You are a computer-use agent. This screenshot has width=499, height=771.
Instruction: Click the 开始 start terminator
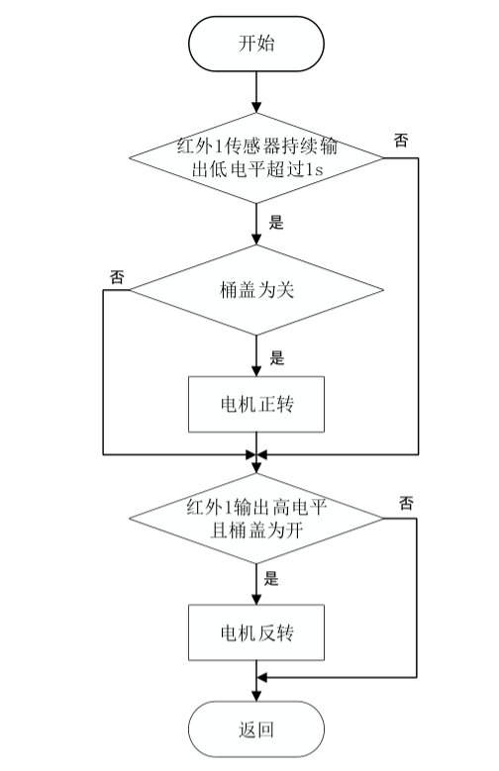tap(256, 44)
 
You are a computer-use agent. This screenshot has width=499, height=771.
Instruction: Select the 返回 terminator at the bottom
tap(256, 730)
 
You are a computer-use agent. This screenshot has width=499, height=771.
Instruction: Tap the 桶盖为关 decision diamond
tap(256, 291)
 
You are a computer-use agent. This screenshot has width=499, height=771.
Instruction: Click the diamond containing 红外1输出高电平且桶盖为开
tap(256, 517)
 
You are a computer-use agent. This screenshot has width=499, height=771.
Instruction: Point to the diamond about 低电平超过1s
tap(256, 157)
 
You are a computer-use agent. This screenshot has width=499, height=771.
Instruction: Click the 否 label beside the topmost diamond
tap(400, 141)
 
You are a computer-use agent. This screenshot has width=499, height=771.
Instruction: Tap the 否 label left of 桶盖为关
tap(117, 276)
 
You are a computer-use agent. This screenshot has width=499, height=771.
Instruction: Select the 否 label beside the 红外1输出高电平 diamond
tap(405, 502)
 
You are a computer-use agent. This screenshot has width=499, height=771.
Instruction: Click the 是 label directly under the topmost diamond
tap(276, 222)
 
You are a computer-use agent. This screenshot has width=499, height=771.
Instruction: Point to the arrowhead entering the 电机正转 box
tap(256, 370)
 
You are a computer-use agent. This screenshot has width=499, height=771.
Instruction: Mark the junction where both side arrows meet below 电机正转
tap(256, 455)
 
